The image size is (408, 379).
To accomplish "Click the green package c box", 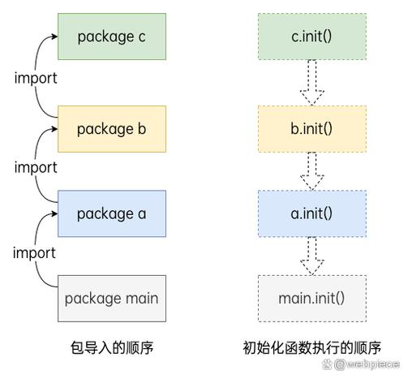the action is (x=112, y=37).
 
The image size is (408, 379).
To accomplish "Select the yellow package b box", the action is (x=112, y=129).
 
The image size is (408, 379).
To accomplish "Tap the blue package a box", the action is (x=112, y=213).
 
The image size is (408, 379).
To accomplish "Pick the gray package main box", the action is (x=112, y=299).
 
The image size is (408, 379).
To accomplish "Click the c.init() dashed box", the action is (x=312, y=37).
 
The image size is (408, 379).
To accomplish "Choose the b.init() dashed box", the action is (x=312, y=129).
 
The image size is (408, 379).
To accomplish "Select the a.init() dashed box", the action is (x=312, y=213).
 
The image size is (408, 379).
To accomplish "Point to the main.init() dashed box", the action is (x=312, y=299).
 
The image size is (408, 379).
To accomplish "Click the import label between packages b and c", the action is (x=36, y=79).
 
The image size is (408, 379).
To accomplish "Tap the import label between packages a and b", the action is (x=36, y=168).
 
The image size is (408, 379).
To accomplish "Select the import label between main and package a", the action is (x=34, y=253).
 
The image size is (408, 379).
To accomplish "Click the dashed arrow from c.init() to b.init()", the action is (x=312, y=83).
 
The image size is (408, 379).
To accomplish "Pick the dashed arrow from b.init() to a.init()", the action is (x=312, y=171).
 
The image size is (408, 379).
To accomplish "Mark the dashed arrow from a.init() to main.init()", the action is (x=312, y=256).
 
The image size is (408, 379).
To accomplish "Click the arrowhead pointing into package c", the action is (x=54, y=37).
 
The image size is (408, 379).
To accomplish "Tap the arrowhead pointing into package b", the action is (x=54, y=129).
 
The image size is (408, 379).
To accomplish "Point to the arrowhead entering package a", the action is (x=54, y=213).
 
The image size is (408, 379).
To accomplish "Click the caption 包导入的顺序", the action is (x=112, y=348).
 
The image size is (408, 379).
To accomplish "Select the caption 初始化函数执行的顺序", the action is (x=312, y=348).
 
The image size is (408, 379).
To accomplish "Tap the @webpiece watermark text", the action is (x=367, y=364).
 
